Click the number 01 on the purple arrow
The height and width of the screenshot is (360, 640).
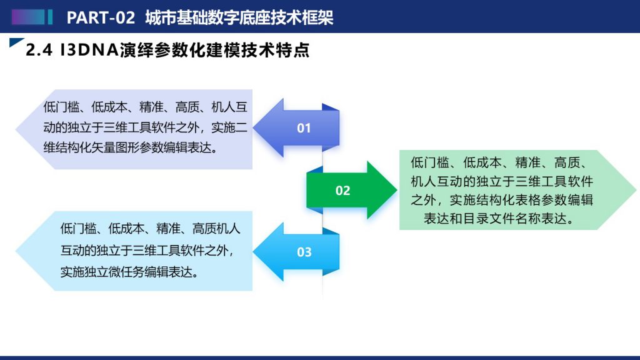(x=304, y=128)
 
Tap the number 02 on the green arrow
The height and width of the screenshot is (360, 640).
(x=343, y=191)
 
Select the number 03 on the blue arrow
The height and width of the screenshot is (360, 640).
(x=304, y=252)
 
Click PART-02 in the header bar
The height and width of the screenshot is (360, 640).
(x=101, y=17)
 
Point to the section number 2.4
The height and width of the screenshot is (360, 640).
(x=39, y=50)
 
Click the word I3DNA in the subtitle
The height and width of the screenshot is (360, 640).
(x=89, y=50)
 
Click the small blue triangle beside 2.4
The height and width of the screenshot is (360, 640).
(x=16, y=42)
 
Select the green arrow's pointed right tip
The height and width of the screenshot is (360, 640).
(x=397, y=190)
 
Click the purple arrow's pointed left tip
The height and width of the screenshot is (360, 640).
(x=254, y=127)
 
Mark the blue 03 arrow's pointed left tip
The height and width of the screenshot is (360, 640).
(x=254, y=252)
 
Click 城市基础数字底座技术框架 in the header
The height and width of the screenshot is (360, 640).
(x=239, y=17)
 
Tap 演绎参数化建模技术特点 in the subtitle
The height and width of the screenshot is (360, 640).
(x=214, y=50)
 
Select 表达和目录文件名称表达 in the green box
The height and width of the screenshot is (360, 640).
(x=496, y=219)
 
